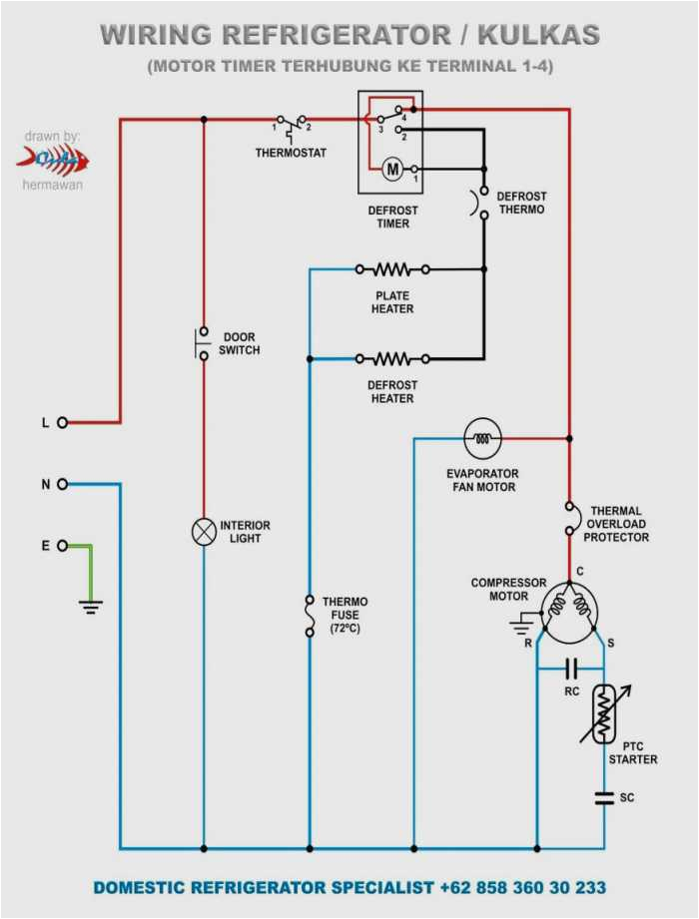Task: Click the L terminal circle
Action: pos(62,422)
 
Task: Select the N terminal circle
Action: pos(62,484)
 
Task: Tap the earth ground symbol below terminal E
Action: pos(91,605)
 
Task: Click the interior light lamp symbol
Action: pos(204,532)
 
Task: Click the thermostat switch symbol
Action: pos(293,124)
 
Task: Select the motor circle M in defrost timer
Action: pos(392,170)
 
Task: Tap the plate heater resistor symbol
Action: pos(392,269)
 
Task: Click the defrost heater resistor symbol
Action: pos(392,358)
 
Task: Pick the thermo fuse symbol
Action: pos(309,609)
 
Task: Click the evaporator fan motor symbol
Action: pos(482,438)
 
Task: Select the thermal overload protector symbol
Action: pos(569,519)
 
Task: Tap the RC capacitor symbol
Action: pos(571,668)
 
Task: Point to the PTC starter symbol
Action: pos(603,713)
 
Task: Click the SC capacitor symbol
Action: pos(603,797)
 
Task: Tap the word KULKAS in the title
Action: pos(538,36)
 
